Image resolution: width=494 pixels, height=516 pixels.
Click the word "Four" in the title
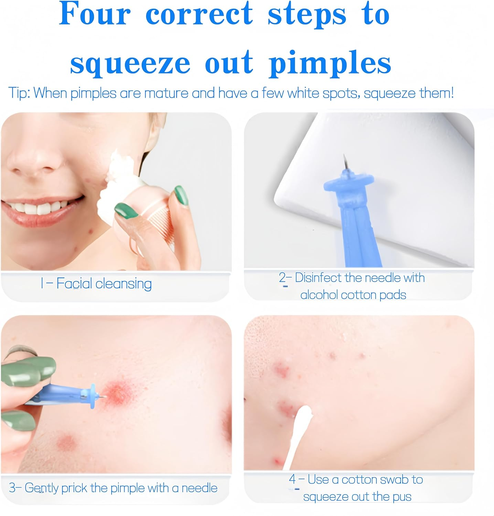pyautogui.click(x=95, y=14)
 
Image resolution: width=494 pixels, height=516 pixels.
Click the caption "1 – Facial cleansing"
pyautogui.click(x=96, y=284)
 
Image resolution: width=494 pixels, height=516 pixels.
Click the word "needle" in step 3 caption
pyautogui.click(x=200, y=488)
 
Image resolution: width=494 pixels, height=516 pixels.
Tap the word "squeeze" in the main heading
pyautogui.click(x=130, y=64)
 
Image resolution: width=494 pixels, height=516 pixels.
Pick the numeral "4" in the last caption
pyautogui.click(x=292, y=479)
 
